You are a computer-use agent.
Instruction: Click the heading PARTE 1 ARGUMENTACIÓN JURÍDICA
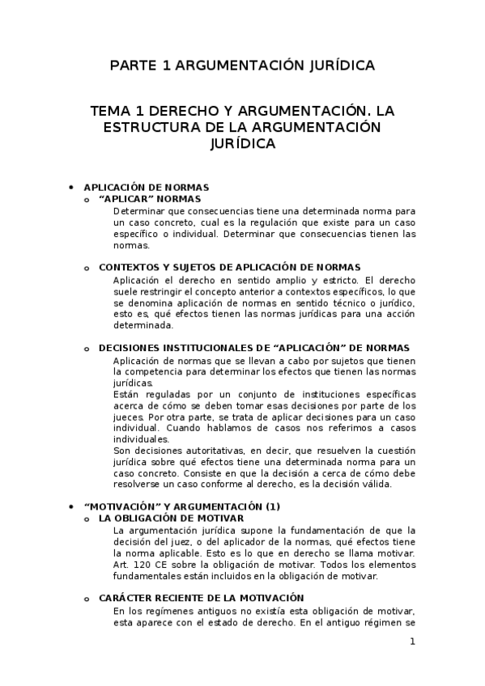point(242,65)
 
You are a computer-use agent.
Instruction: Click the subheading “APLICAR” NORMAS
point(149,198)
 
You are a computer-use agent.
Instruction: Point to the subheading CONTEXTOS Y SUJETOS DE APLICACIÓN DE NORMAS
point(229,267)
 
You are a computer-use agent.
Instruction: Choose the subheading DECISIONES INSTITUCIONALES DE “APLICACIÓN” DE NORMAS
point(253,348)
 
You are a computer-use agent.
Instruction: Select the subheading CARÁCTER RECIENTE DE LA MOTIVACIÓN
point(201,597)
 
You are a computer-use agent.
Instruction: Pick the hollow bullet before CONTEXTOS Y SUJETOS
point(87,267)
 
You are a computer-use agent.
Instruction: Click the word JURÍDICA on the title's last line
point(242,145)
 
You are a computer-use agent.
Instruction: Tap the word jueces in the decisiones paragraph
point(132,417)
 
